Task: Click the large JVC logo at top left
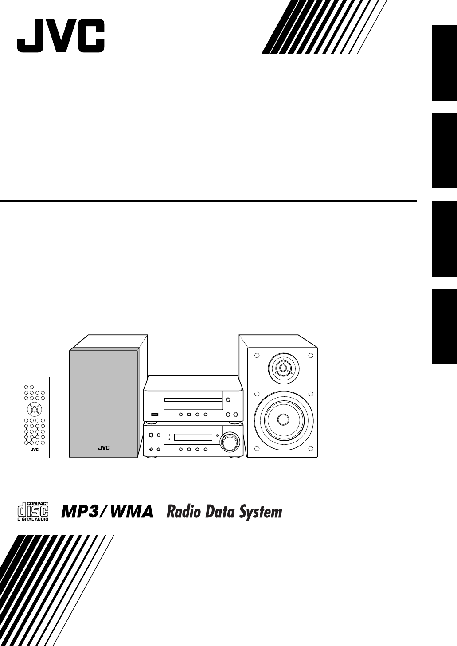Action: click(x=61, y=35)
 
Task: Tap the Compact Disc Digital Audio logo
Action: click(x=33, y=512)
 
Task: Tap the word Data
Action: click(x=220, y=512)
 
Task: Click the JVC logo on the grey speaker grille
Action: click(x=104, y=448)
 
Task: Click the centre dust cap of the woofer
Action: click(x=283, y=420)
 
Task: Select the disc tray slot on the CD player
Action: click(x=193, y=400)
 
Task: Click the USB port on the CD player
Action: click(x=155, y=415)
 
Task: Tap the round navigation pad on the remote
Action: click(x=34, y=409)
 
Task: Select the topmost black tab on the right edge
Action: click(x=444, y=63)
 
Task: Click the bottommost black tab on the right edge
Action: click(x=444, y=327)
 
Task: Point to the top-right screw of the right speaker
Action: click(x=311, y=356)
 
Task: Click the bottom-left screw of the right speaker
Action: click(x=257, y=449)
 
